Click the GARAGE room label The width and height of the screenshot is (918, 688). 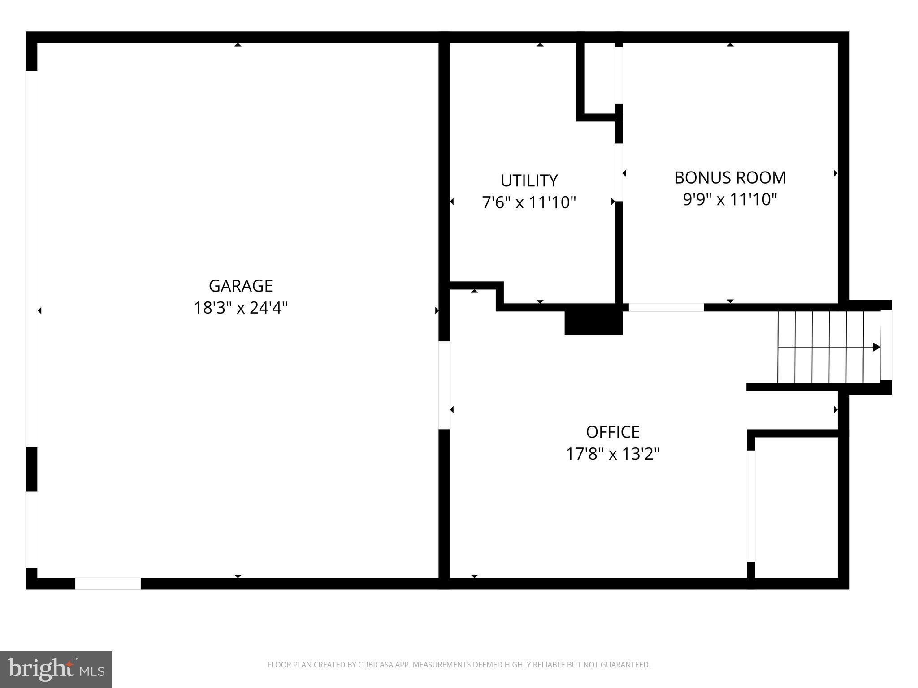click(x=241, y=286)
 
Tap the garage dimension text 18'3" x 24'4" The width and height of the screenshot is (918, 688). click(x=241, y=308)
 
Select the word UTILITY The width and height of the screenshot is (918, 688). click(x=529, y=181)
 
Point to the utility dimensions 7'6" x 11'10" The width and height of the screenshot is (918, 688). click(x=529, y=202)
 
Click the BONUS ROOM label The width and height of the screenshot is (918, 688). click(x=730, y=177)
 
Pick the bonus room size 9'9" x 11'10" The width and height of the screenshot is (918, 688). click(x=730, y=199)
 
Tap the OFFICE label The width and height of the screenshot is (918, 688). click(x=613, y=432)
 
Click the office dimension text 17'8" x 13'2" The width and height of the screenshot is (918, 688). click(x=613, y=454)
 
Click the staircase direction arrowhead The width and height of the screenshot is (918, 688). click(x=876, y=347)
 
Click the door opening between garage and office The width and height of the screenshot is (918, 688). click(x=444, y=385)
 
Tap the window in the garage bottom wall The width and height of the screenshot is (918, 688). click(x=108, y=584)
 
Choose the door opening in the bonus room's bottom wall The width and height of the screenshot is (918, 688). click(x=666, y=307)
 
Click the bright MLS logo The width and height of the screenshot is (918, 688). click(x=56, y=670)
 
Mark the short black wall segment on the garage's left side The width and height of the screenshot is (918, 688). click(x=31, y=469)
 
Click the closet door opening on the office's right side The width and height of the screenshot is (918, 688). click(x=751, y=506)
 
